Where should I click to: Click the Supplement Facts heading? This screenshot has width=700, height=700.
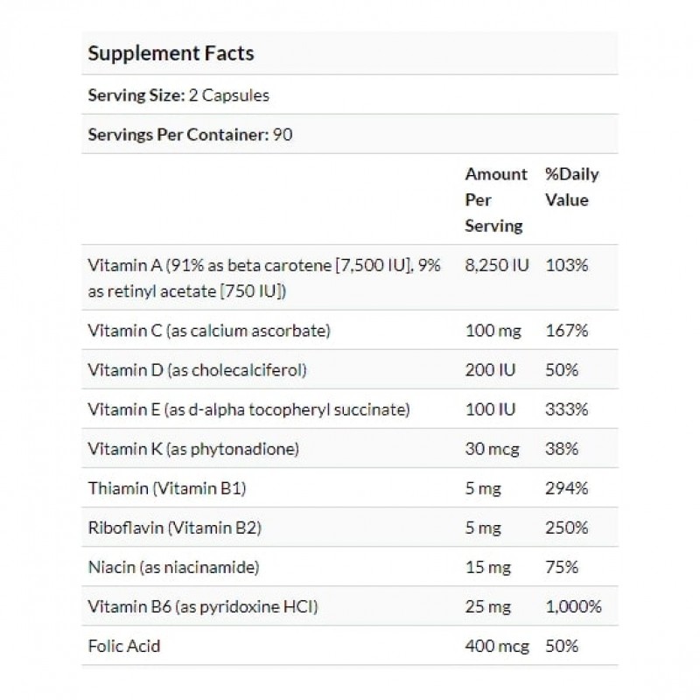tap(171, 53)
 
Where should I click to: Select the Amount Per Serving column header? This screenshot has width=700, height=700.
tap(495, 199)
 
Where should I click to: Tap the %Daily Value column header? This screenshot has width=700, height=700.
tap(571, 186)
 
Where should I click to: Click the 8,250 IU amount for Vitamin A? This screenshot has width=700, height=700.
tap(496, 264)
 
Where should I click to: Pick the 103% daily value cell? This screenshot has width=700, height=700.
tap(564, 264)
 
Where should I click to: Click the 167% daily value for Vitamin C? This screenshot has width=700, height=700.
tap(564, 331)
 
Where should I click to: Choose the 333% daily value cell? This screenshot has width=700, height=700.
tap(564, 409)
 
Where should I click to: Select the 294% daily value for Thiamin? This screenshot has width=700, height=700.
tap(564, 488)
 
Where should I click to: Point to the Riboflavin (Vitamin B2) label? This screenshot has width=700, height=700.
tap(176, 528)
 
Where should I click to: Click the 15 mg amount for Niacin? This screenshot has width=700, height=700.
tap(486, 567)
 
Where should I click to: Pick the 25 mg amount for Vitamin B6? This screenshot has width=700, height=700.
tap(486, 606)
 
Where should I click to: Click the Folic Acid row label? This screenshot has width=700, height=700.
tap(124, 646)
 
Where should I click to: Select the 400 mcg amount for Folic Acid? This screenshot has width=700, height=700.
tap(496, 646)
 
